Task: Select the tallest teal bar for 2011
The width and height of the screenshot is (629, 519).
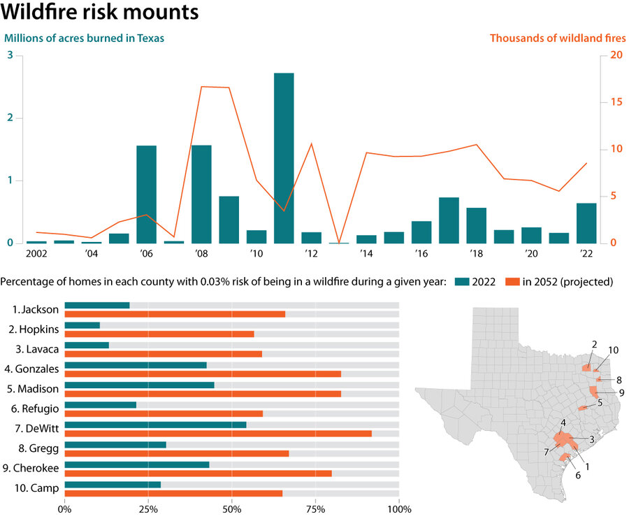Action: [284, 158]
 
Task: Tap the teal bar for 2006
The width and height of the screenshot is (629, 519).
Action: [146, 194]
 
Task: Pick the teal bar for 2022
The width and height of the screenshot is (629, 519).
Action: [586, 223]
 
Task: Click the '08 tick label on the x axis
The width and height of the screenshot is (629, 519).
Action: [201, 253]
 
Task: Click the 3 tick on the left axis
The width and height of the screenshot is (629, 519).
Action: [10, 55]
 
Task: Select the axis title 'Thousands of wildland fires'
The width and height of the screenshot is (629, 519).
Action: [557, 38]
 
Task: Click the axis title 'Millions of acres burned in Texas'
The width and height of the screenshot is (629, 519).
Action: [85, 38]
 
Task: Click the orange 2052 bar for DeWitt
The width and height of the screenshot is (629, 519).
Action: [218, 434]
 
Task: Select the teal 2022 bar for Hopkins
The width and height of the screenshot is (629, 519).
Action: [82, 325]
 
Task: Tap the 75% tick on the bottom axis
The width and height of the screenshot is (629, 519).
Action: [315, 509]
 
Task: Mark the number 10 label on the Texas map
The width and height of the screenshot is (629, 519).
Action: [613, 349]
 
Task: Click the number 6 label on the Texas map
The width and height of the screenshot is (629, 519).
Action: [578, 476]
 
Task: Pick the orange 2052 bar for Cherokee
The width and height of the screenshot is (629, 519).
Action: [198, 473]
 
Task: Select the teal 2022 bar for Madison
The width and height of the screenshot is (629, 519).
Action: [140, 385]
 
